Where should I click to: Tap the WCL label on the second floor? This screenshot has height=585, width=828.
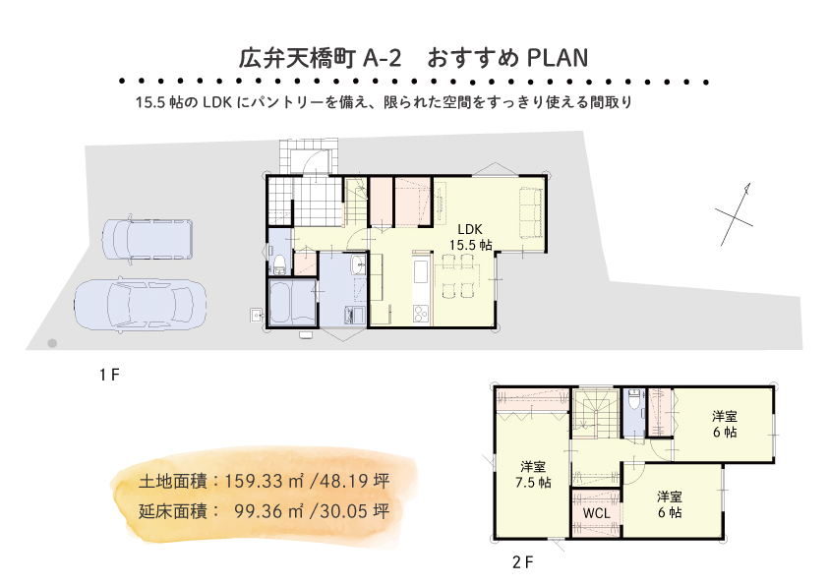596,513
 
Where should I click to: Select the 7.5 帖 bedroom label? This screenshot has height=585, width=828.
533,474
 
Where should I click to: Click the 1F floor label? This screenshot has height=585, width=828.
109,375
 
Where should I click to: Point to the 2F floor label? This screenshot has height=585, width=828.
523,562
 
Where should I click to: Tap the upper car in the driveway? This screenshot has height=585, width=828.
148,239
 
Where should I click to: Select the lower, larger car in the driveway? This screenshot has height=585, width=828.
140,305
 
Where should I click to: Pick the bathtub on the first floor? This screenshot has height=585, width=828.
292,303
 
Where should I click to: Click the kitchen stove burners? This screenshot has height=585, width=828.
422,313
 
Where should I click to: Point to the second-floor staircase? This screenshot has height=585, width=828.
596,413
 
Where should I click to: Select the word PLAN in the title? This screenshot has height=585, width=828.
558,58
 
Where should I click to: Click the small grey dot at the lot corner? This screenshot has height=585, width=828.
52,344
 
